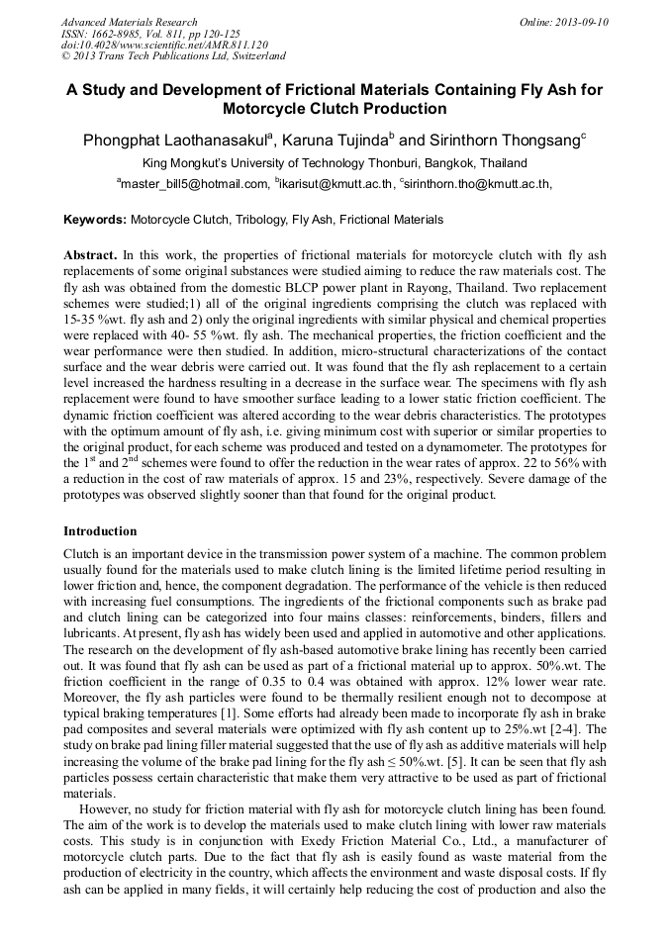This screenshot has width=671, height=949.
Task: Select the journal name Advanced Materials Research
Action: [x=129, y=22]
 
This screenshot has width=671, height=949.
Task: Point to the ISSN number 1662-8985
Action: [x=126, y=34]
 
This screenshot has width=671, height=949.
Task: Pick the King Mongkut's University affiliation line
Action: [x=335, y=163]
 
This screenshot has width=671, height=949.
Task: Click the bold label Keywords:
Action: [x=95, y=220]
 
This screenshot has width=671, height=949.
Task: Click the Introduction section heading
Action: [x=100, y=531]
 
